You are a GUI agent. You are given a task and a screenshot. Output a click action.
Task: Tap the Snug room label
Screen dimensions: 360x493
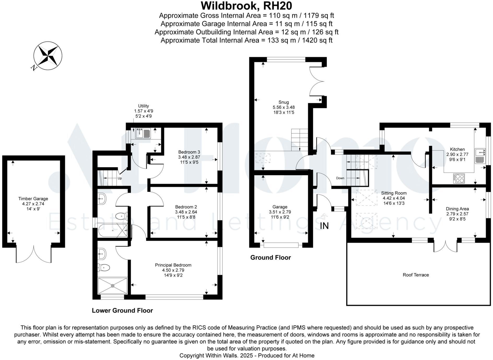pyautogui.click(x=284, y=102)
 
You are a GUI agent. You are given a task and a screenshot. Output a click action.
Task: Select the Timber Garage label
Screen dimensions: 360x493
pyautogui.click(x=33, y=199)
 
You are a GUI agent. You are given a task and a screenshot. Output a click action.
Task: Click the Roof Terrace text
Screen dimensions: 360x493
pyautogui.click(x=416, y=275)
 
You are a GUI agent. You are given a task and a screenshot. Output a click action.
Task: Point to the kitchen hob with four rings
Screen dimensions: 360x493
pyautogui.click(x=459, y=178)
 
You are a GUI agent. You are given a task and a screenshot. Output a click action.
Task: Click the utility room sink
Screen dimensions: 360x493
pyautogui.click(x=143, y=133)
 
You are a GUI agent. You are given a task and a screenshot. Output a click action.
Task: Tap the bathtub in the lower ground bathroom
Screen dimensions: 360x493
pyautogui.click(x=113, y=231)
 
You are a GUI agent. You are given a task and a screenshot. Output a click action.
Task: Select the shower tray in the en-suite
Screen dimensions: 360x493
pyautogui.click(x=113, y=286)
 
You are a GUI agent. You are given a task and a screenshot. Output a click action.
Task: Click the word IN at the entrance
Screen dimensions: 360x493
pyautogui.click(x=324, y=226)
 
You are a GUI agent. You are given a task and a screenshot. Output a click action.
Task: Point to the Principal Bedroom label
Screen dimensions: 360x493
pyautogui.click(x=173, y=265)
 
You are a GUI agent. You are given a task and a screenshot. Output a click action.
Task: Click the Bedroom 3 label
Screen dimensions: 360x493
pyautogui.click(x=189, y=152)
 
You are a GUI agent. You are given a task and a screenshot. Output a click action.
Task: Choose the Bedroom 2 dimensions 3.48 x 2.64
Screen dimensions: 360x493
pyautogui.click(x=186, y=212)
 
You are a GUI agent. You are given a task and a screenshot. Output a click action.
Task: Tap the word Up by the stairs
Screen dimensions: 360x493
pyautogui.click(x=120, y=178)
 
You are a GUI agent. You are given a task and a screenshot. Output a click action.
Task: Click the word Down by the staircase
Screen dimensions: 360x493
pyautogui.click(x=340, y=178)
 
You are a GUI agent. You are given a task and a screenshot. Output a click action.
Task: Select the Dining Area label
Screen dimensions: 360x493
pyautogui.click(x=457, y=209)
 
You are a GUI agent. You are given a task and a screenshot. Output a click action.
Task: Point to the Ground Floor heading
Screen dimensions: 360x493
pyautogui.click(x=271, y=258)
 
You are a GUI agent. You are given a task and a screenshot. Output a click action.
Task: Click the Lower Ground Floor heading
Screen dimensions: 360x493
pyautogui.click(x=122, y=310)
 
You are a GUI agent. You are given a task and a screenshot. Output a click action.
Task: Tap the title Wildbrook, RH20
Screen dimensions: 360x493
pyautogui.click(x=246, y=5)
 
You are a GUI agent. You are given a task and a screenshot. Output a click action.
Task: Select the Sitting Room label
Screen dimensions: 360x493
pyautogui.click(x=394, y=193)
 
